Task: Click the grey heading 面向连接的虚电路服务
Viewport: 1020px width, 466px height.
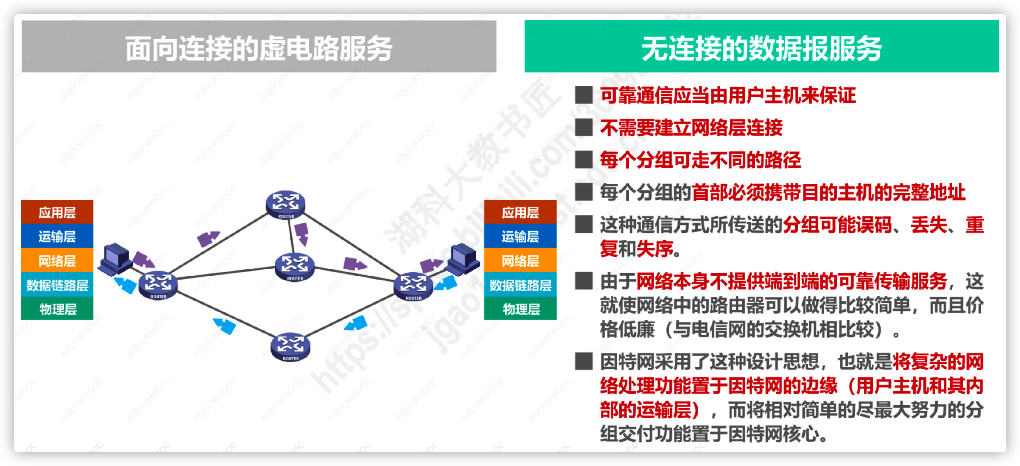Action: (x=259, y=47)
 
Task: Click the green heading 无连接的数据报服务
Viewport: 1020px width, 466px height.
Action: (x=761, y=47)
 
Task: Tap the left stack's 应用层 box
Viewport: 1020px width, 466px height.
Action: (x=57, y=212)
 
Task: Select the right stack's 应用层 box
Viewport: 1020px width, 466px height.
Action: (x=520, y=212)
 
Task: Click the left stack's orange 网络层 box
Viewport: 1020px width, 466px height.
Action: (x=57, y=261)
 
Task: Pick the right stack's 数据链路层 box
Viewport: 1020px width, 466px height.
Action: (x=520, y=285)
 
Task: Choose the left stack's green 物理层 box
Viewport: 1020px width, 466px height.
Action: (x=57, y=309)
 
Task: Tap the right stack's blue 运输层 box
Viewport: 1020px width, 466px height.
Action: (x=520, y=236)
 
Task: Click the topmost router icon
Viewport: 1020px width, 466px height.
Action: (x=286, y=204)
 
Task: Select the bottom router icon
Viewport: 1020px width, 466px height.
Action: (x=290, y=346)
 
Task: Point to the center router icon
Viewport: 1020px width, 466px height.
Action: (x=295, y=266)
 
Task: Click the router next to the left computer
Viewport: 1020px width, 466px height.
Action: (x=158, y=284)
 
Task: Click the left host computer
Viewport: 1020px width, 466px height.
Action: (x=115, y=258)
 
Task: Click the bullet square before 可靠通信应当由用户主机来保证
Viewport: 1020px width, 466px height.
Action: (x=584, y=95)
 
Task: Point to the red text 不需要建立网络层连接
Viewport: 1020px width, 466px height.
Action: (x=691, y=128)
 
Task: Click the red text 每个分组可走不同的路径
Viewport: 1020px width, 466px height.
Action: (x=700, y=160)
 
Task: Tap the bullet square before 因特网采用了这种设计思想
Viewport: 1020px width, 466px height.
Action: (x=584, y=362)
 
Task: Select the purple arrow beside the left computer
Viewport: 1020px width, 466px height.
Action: (x=143, y=260)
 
